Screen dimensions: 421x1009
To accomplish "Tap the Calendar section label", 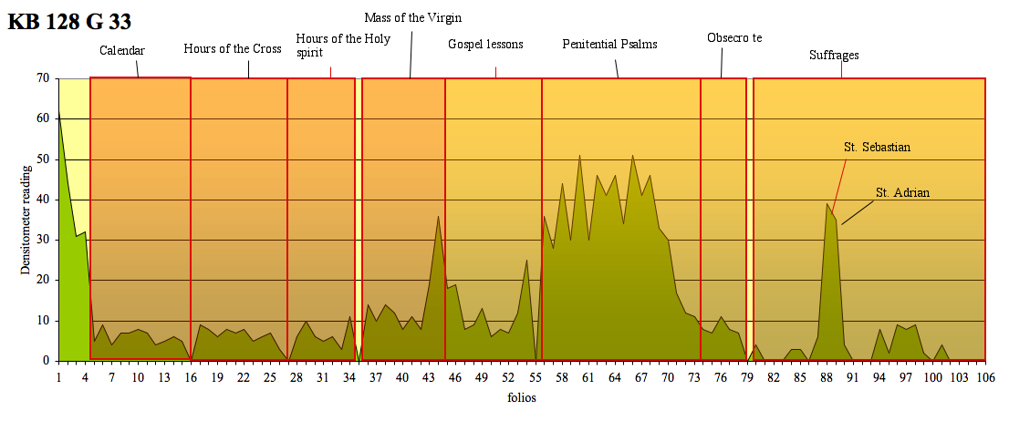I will click(x=122, y=50).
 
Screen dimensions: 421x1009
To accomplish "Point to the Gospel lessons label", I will click(x=485, y=44).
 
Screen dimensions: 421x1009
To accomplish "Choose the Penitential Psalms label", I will click(x=609, y=44).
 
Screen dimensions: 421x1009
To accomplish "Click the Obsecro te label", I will click(x=734, y=37).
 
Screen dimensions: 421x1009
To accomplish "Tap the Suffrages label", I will click(x=834, y=55).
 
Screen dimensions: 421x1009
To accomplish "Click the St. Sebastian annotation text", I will click(x=878, y=146).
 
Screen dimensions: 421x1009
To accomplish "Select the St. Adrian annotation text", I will click(x=902, y=192).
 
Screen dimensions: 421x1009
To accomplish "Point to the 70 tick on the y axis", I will click(x=43, y=78).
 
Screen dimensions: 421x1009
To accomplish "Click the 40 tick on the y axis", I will click(x=43, y=200).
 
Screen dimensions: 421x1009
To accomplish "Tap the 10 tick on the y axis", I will click(x=43, y=321).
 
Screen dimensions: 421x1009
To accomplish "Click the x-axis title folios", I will click(x=522, y=398).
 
